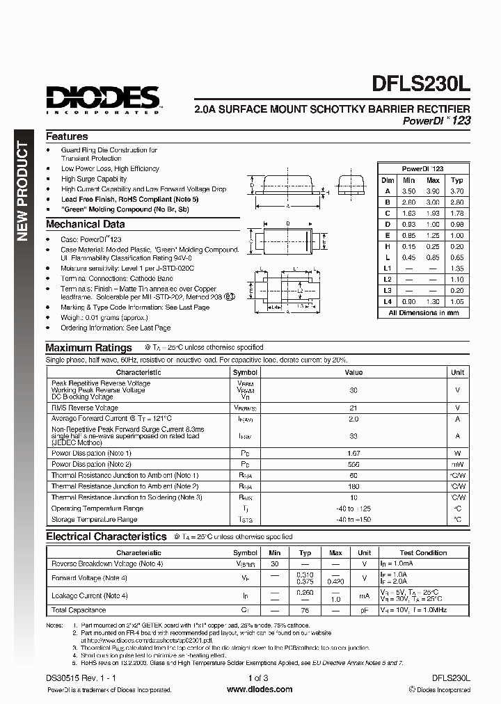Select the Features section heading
point(67,137)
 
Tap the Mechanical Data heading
point(86,225)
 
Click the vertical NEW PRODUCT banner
point(23,191)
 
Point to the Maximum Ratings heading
point(88,348)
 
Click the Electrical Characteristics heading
point(106,537)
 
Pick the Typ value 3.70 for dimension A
point(456,191)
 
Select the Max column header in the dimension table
point(433,179)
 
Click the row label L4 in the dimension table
point(388,301)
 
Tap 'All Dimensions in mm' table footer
point(423,313)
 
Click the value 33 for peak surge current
point(353,436)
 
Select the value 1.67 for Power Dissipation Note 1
point(353,453)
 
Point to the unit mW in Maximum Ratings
point(457,464)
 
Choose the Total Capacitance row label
point(78,610)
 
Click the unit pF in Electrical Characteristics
point(364,610)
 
